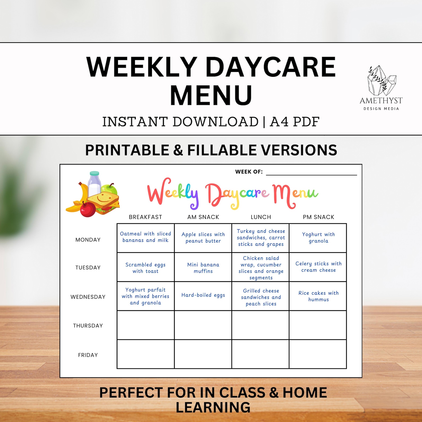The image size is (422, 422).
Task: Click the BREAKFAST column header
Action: coord(145,217)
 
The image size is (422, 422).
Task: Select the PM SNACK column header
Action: coord(318,217)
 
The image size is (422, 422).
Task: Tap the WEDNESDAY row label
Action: coord(88,297)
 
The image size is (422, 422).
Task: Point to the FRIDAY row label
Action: coord(88,355)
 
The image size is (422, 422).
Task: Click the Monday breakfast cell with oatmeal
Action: coord(146,238)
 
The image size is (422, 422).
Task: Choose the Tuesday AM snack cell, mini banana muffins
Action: coord(203,267)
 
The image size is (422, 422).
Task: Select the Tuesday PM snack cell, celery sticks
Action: coord(318,267)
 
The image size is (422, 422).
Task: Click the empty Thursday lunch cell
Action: coord(260,325)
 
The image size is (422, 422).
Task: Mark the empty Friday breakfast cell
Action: coord(146,354)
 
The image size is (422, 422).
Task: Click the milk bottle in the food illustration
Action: coord(95,183)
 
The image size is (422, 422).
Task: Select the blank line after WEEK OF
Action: coord(311,173)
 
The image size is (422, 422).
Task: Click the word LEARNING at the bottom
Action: coord(213,408)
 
